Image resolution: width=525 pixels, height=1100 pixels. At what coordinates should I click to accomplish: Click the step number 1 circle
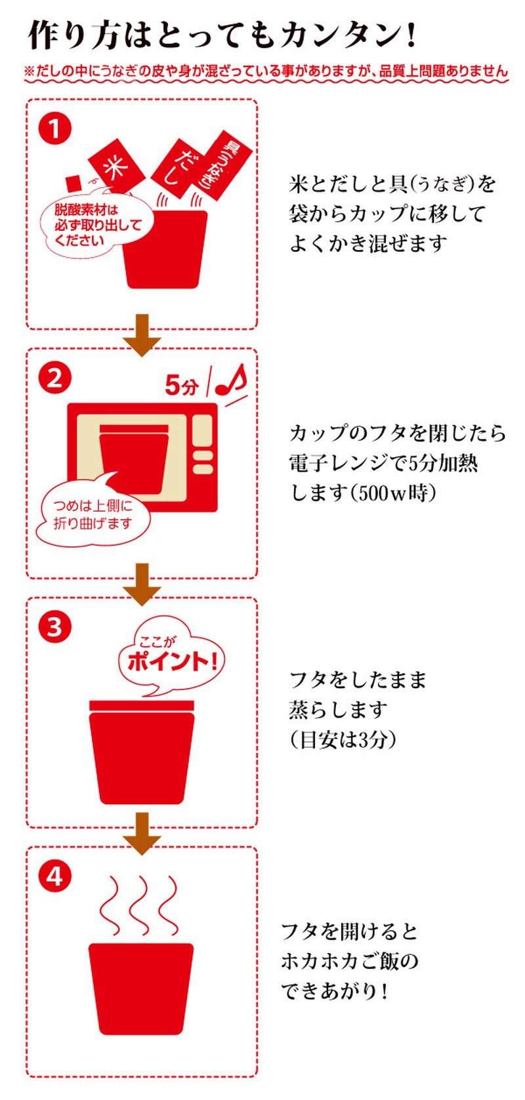coord(55,130)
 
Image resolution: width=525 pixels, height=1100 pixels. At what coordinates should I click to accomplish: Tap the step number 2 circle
coord(55,378)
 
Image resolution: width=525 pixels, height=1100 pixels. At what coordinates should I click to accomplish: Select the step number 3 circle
coord(55,626)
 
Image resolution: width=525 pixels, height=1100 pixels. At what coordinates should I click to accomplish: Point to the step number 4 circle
coord(55,876)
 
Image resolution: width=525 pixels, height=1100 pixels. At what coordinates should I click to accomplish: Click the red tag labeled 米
coord(116,167)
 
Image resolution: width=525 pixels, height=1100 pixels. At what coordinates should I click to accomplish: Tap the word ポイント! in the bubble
coord(173,661)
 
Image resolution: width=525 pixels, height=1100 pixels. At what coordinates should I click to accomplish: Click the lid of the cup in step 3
coord(142,705)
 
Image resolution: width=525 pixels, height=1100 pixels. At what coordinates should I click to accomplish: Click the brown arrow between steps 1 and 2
coord(142,335)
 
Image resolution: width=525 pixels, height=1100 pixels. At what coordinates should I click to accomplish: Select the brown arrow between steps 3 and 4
coord(142,833)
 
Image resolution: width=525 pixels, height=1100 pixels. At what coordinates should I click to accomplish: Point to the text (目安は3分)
coord(343,739)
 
